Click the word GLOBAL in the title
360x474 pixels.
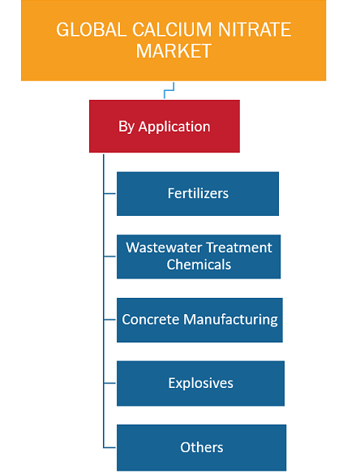click(x=91, y=29)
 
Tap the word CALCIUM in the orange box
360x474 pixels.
click(x=172, y=29)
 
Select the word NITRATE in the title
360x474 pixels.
click(x=254, y=29)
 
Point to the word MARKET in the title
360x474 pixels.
click(x=174, y=51)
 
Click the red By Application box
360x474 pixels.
click(x=165, y=126)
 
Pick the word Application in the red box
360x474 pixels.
click(x=174, y=127)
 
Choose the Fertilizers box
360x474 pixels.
click(x=198, y=193)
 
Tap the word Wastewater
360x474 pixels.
click(x=164, y=248)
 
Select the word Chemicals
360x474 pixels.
click(x=199, y=265)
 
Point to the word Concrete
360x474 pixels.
click(x=150, y=319)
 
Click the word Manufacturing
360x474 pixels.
click(x=230, y=320)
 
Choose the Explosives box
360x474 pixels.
click(x=200, y=383)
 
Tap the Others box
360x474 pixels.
click(x=201, y=447)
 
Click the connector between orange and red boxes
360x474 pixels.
click(x=169, y=90)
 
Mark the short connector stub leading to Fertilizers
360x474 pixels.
click(x=110, y=193)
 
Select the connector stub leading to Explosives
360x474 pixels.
click(x=110, y=383)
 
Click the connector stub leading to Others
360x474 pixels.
click(x=110, y=447)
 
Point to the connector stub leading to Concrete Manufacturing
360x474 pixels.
click(x=110, y=320)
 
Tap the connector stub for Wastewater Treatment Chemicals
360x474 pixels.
click(x=110, y=256)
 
